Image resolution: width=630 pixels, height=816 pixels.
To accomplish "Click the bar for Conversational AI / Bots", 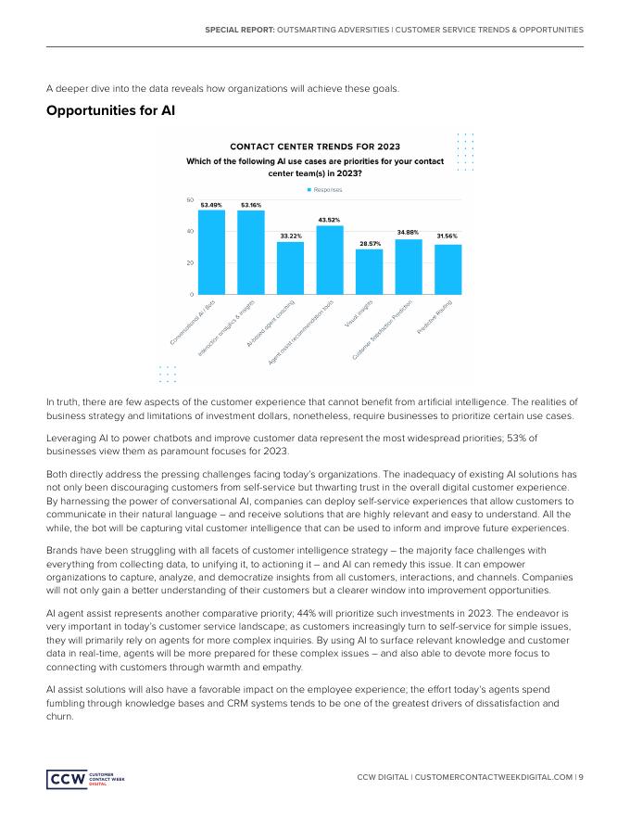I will pyautogui.click(x=211, y=252).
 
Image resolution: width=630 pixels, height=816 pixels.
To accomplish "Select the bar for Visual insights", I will pyautogui.click(x=369, y=272).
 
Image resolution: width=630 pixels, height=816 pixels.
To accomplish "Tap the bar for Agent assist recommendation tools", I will pyautogui.click(x=330, y=260).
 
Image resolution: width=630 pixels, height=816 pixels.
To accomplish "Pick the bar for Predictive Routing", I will pyautogui.click(x=448, y=269).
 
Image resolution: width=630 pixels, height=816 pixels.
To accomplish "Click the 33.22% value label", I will pyautogui.click(x=290, y=236).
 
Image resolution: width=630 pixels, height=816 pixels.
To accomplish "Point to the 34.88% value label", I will pyautogui.click(x=408, y=232).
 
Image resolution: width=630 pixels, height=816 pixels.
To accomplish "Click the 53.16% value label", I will pyautogui.click(x=251, y=205).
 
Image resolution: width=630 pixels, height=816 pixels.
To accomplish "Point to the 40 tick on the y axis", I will pyautogui.click(x=190, y=232).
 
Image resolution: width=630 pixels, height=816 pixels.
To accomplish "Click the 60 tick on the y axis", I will pyautogui.click(x=190, y=200).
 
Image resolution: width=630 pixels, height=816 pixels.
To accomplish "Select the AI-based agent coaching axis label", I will pyautogui.click(x=272, y=323).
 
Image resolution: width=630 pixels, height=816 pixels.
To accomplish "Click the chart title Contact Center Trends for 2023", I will pyautogui.click(x=314, y=147).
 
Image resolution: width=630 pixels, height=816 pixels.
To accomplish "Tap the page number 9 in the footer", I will pyautogui.click(x=580, y=777).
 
